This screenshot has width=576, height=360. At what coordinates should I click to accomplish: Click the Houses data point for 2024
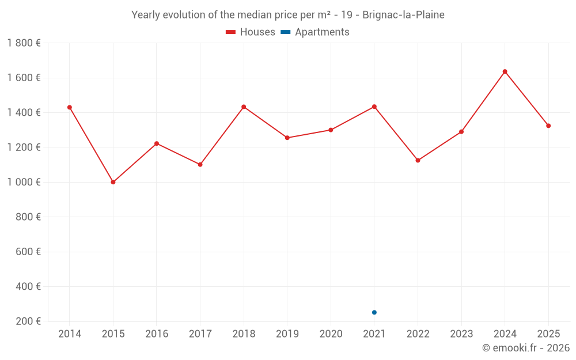tap(505, 71)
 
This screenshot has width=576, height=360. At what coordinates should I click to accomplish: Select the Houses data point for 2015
tap(113, 182)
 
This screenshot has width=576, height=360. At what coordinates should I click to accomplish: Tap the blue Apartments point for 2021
tap(374, 312)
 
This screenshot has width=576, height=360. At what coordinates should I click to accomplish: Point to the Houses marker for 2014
tap(70, 107)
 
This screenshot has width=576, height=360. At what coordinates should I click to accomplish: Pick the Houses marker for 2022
tap(418, 160)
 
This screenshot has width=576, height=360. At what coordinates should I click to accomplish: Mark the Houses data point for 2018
tap(244, 107)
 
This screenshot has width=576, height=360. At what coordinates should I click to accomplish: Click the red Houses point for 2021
tap(374, 107)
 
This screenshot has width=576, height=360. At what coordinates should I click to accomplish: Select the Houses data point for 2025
tap(548, 126)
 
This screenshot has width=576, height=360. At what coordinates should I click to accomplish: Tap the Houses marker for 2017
tap(200, 165)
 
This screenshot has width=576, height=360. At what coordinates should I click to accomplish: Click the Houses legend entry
tap(251, 32)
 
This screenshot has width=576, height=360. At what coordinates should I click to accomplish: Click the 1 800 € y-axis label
tap(24, 43)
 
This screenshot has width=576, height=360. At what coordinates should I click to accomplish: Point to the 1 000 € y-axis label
tap(24, 182)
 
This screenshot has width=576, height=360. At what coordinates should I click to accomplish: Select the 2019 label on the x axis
tap(287, 334)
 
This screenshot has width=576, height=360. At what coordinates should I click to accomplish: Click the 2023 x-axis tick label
tap(461, 334)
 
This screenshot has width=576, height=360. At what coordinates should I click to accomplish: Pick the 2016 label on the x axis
tap(157, 334)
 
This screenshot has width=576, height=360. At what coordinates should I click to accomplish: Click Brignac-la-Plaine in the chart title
tap(403, 15)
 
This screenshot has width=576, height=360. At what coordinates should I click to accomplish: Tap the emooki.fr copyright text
tap(526, 348)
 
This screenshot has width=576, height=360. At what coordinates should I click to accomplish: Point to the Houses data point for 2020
tap(331, 130)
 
